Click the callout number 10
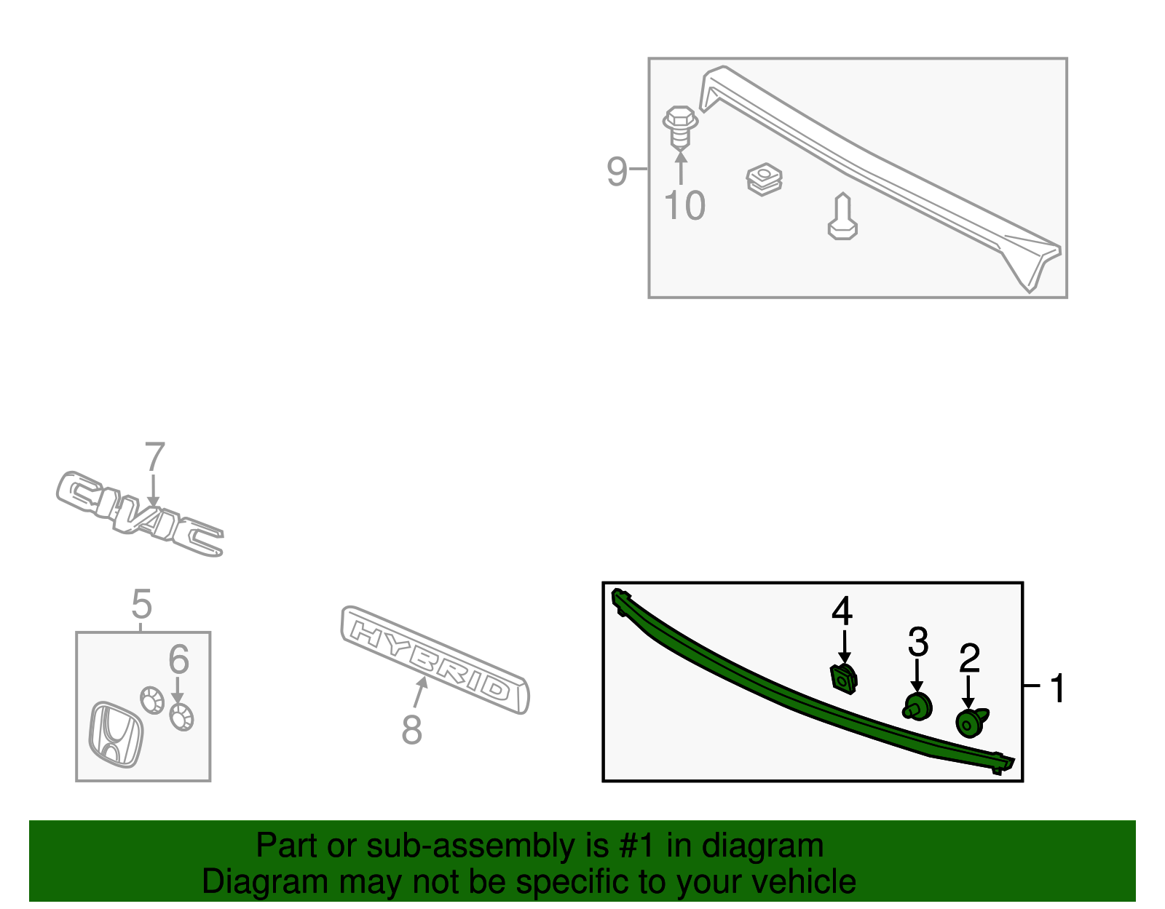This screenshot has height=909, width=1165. pos(684,205)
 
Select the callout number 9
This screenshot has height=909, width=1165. pos(617,172)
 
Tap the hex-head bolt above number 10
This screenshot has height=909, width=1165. pos(680,127)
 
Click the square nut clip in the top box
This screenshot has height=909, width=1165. pos(764,179)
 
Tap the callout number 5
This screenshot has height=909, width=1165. pos(141,603)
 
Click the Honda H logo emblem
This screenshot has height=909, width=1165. pos(115,734)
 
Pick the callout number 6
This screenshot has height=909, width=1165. pos(179,659)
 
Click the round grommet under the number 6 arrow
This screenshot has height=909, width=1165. pos(181,718)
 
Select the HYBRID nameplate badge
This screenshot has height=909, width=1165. pos(435,660)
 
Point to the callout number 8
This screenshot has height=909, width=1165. pos(411,729)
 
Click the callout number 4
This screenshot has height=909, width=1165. pos(842,611)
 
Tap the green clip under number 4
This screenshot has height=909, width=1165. pos(843,679)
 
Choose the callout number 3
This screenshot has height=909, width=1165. pos(917,642)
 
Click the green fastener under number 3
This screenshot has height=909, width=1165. pos(917,707)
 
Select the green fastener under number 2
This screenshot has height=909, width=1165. pos(971,723)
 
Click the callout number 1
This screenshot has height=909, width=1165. pos(1057,688)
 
